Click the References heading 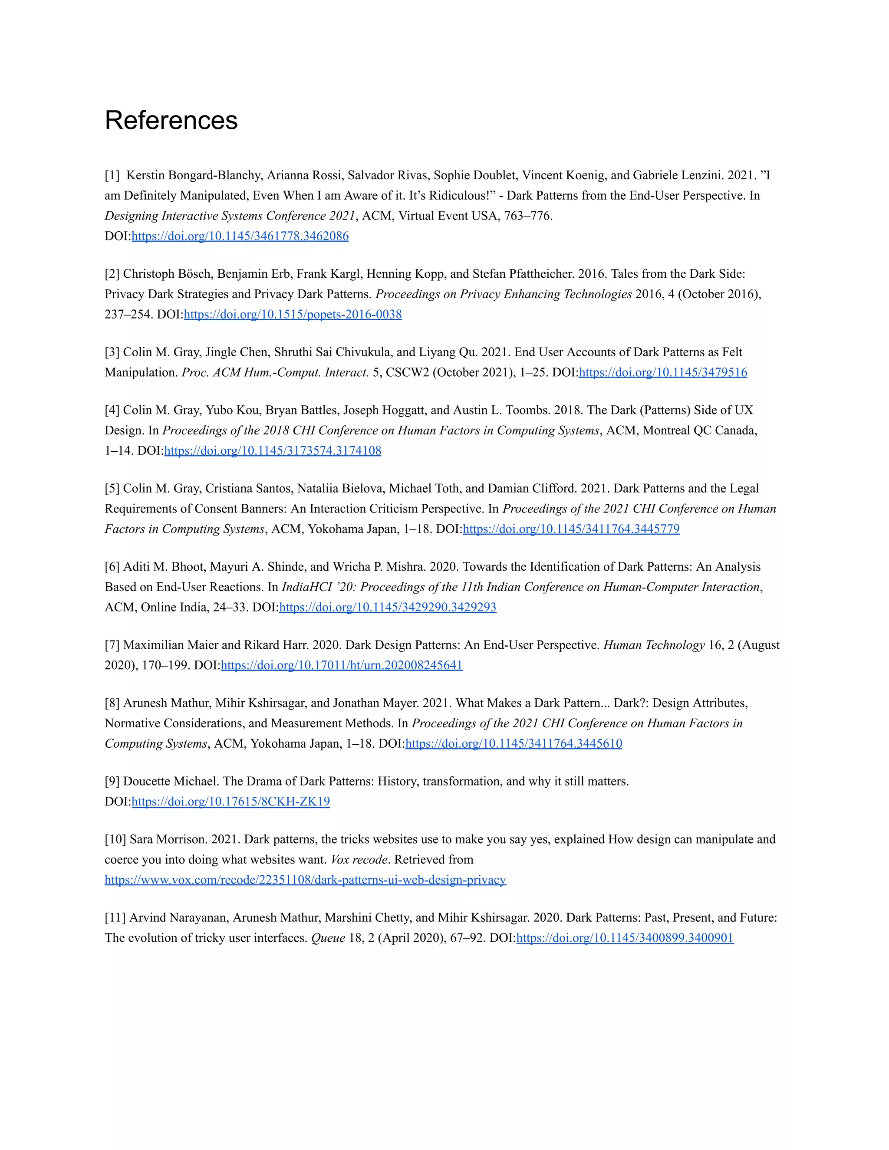tap(171, 120)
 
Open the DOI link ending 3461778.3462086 tap(240, 236)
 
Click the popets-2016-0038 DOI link tap(293, 314)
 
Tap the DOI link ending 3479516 tap(662, 372)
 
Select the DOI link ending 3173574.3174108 tap(273, 451)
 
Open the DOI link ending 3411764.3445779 tap(571, 529)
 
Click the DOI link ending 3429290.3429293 tap(388, 607)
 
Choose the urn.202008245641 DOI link tap(342, 665)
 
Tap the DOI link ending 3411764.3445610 tap(514, 743)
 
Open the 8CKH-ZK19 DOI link tap(230, 802)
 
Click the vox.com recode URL tap(306, 880)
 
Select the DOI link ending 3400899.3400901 tap(625, 938)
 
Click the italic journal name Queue tap(328, 938)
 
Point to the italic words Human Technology tap(654, 645)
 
